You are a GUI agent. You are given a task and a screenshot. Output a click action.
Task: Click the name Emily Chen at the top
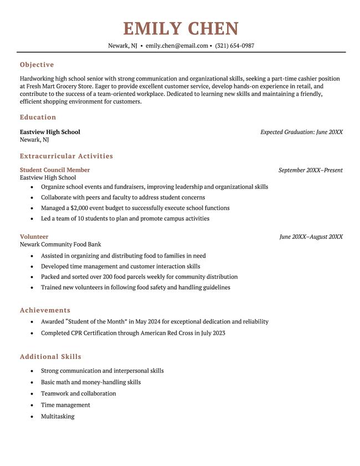pyautogui.click(x=181, y=28)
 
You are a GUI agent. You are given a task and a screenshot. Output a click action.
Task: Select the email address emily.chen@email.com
pyautogui.click(x=177, y=46)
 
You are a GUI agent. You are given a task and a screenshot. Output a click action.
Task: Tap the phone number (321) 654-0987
pyautogui.click(x=235, y=46)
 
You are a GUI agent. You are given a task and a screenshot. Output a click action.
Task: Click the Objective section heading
pyautogui.click(x=37, y=65)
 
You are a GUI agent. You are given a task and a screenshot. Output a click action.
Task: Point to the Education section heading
pyautogui.click(x=38, y=117)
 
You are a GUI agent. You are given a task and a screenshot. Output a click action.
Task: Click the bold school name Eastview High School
pyautogui.click(x=50, y=132)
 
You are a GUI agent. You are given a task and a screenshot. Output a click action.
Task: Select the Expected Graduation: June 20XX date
pyautogui.click(x=301, y=132)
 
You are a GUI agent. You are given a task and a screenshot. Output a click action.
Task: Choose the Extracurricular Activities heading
pyautogui.click(x=66, y=156)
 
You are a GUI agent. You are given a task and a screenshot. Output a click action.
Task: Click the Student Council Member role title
pyautogui.click(x=55, y=170)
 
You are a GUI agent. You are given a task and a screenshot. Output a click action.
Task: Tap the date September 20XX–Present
pyautogui.click(x=310, y=170)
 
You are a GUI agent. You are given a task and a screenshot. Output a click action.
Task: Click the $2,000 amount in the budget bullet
pyautogui.click(x=80, y=208)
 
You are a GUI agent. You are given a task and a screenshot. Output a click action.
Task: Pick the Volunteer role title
pyautogui.click(x=34, y=237)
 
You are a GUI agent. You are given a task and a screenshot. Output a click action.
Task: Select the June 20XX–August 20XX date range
pyautogui.click(x=311, y=237)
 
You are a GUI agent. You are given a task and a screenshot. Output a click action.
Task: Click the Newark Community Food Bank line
pyautogui.click(x=60, y=244)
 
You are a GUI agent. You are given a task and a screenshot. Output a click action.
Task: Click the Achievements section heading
pyautogui.click(x=45, y=310)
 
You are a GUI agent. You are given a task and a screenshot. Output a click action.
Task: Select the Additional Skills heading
pyautogui.click(x=50, y=357)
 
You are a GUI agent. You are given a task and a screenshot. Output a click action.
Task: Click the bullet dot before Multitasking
pyautogui.click(x=33, y=417)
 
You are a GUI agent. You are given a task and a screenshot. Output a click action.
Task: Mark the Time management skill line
pyautogui.click(x=65, y=405)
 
